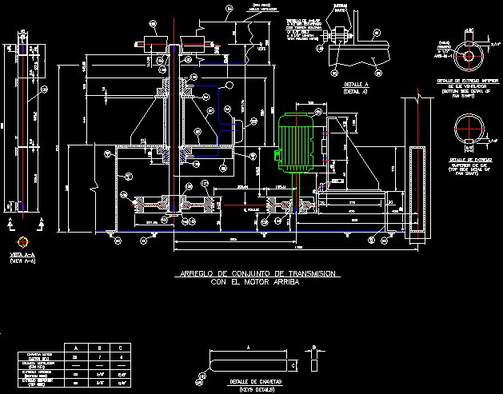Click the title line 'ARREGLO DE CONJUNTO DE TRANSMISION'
click(x=258, y=274)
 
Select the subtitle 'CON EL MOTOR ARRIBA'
click(x=249, y=282)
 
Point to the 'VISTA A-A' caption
click(x=22, y=256)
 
